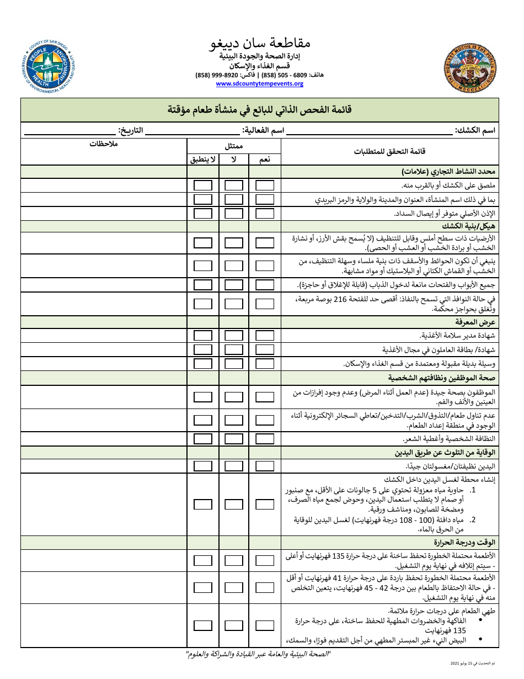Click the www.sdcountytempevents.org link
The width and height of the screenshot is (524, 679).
point(259,84)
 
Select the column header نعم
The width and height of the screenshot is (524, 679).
point(265,160)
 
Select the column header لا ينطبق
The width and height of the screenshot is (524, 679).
point(203,160)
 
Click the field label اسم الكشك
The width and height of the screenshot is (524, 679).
point(475,130)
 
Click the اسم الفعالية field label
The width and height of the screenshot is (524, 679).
point(264,130)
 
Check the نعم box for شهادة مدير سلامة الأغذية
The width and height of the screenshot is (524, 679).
point(265,336)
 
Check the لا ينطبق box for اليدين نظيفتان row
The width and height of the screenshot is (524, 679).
point(203,466)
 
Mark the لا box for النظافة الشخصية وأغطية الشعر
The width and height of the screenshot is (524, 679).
point(234,438)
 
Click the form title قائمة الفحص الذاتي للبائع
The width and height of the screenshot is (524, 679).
point(259,109)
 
